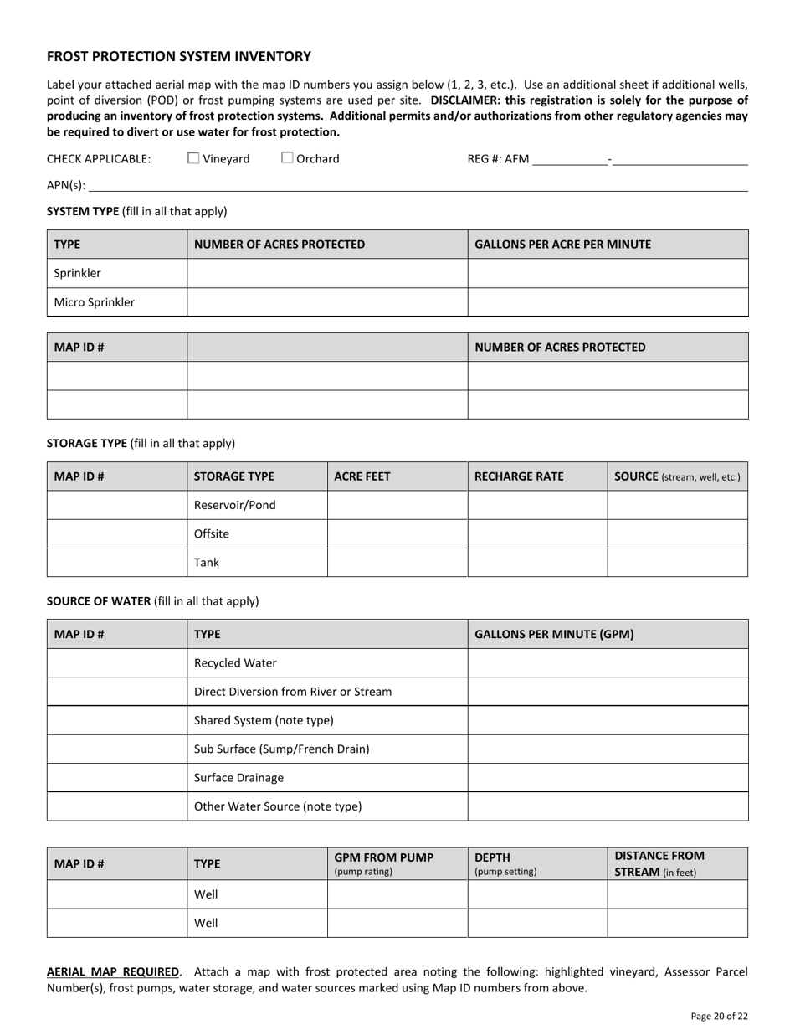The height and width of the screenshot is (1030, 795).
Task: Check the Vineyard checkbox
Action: click(x=193, y=157)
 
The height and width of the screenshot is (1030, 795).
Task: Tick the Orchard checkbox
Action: click(x=287, y=157)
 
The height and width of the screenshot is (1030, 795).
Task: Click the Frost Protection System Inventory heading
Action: click(x=179, y=57)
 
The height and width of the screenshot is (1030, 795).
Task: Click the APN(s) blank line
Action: click(x=418, y=186)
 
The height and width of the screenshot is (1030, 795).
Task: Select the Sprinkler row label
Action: click(x=78, y=273)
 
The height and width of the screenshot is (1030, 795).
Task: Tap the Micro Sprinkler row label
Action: click(x=95, y=302)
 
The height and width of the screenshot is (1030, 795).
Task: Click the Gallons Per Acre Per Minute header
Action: click(x=562, y=245)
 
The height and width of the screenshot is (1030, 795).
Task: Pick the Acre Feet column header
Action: click(x=362, y=476)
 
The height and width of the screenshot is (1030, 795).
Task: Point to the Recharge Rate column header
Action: click(x=519, y=476)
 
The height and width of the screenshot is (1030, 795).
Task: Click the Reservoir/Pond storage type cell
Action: click(x=235, y=505)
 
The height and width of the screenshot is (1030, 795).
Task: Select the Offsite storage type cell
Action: click(x=212, y=533)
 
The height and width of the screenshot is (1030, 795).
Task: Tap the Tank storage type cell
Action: click(x=207, y=562)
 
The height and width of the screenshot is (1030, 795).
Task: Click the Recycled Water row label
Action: click(x=235, y=662)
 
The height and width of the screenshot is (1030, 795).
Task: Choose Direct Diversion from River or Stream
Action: click(x=293, y=692)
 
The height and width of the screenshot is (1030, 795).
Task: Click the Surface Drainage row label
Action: click(x=238, y=777)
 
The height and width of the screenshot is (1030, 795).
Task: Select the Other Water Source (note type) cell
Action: click(x=278, y=806)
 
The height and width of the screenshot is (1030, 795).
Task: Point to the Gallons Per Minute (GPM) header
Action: click(x=554, y=634)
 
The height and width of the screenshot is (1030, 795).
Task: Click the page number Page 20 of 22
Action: click(x=719, y=1016)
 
